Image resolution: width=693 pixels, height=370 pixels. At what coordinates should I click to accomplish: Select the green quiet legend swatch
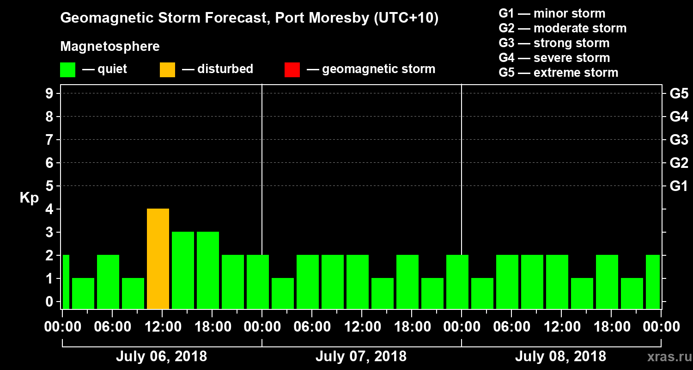coord(67,69)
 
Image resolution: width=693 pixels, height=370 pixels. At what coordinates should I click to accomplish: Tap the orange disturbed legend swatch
coord(167,69)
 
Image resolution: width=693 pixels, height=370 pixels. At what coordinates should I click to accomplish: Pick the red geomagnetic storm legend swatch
coord(292,69)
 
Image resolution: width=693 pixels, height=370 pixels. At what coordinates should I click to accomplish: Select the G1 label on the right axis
coord(679,186)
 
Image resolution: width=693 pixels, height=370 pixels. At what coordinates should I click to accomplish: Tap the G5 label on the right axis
coord(679,93)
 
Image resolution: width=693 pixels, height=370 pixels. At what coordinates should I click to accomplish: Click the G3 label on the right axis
coord(679,140)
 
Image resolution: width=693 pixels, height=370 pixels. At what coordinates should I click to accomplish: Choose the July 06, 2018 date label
coord(161,357)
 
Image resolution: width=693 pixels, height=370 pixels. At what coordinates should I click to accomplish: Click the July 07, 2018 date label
coord(361,357)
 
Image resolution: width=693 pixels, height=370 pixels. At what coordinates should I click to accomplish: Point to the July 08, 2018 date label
coord(560,357)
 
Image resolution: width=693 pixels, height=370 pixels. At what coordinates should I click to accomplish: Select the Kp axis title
coord(29,198)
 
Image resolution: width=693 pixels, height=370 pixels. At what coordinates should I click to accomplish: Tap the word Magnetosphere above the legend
coord(110,47)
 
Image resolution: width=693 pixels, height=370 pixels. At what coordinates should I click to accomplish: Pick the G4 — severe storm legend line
coord(554,58)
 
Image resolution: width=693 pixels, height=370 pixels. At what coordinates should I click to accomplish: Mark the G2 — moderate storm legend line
coord(563,28)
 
